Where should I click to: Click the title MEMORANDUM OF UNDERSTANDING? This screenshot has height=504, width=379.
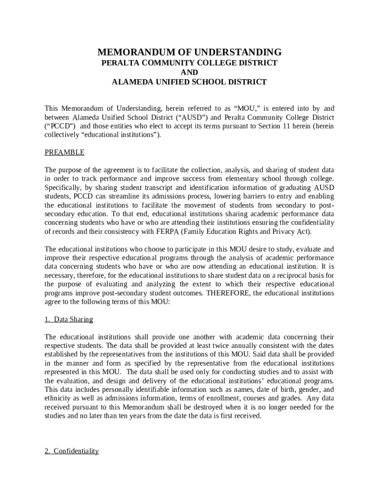[189, 52]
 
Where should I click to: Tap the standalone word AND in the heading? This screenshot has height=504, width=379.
[189, 72]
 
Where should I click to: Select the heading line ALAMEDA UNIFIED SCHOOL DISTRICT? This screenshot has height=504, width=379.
[189, 82]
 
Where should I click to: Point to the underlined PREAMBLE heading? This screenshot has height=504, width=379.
[64, 152]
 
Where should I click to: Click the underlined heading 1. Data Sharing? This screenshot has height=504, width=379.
[68, 319]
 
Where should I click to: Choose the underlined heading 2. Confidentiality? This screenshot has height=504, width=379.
[71, 451]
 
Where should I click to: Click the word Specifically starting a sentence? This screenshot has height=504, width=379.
[63, 188]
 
